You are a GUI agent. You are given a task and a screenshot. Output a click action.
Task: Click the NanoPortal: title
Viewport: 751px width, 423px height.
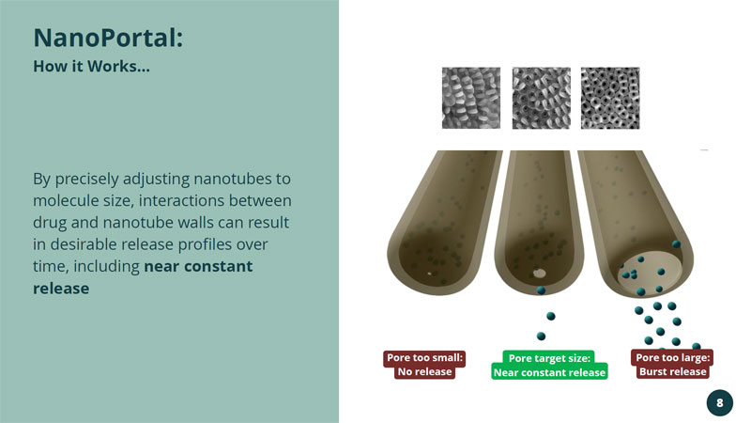pyautogui.click(x=108, y=38)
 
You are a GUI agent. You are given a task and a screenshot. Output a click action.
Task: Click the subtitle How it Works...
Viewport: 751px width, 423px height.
pyautogui.click(x=91, y=66)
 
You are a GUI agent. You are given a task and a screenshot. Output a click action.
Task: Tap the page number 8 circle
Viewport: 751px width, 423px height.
pyautogui.click(x=719, y=403)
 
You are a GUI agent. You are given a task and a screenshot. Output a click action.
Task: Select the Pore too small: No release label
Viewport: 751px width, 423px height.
pyautogui.click(x=424, y=365)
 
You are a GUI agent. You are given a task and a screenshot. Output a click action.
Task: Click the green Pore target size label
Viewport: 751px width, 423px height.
pyautogui.click(x=549, y=365)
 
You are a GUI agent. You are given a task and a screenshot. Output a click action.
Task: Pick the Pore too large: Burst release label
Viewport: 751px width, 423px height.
pyautogui.click(x=672, y=364)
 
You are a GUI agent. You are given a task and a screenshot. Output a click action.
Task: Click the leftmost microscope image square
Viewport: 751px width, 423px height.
pyautogui.click(x=471, y=98)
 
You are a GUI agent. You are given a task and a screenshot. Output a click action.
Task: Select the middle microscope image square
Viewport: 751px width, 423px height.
pyautogui.click(x=542, y=98)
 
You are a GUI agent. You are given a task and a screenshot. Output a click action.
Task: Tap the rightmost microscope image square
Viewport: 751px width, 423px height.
pyautogui.click(x=610, y=98)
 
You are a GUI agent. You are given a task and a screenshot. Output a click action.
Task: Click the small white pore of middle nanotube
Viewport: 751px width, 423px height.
pyautogui.click(x=539, y=274)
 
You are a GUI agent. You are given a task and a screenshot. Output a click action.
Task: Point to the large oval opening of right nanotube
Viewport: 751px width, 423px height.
pyautogui.click(x=651, y=273)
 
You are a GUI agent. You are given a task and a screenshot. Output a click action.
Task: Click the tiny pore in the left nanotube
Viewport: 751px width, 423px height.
pyautogui.click(x=430, y=274)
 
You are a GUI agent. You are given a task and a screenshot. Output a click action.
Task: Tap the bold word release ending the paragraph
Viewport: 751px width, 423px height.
pyautogui.click(x=61, y=289)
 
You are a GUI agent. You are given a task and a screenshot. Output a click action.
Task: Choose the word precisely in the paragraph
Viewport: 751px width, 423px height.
pyautogui.click(x=86, y=180)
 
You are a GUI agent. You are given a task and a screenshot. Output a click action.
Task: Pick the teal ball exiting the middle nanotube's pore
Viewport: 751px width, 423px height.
pyautogui.click(x=542, y=290)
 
